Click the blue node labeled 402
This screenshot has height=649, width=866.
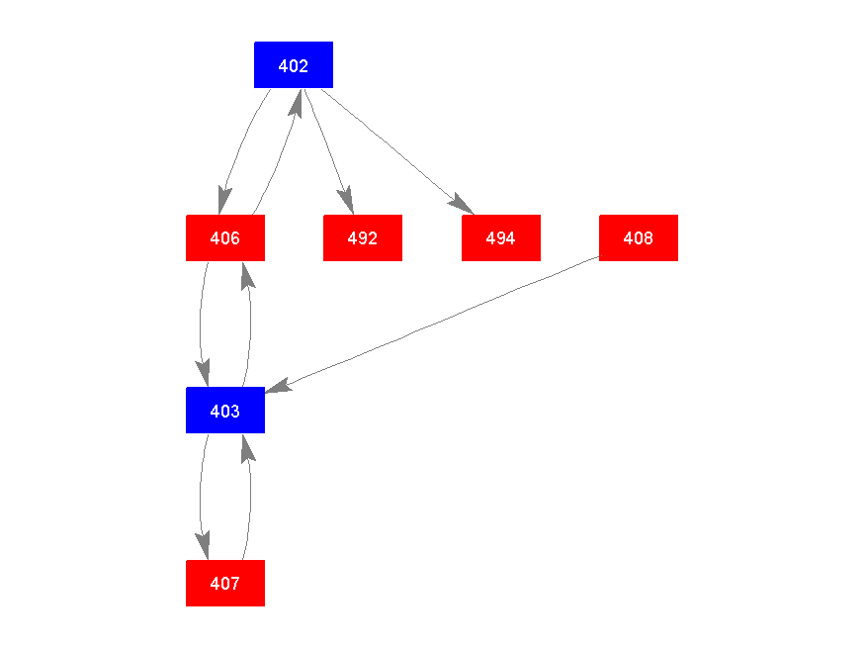[x=294, y=65]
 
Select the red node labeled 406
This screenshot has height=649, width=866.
[x=225, y=238]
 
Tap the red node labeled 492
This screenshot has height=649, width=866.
[x=363, y=238]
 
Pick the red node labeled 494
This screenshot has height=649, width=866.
[x=501, y=238]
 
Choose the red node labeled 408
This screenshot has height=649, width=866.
[x=639, y=238]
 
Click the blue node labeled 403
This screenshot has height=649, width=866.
[x=225, y=411]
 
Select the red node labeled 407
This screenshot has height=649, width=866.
[x=225, y=584]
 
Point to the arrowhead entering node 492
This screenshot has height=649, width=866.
[x=346, y=202]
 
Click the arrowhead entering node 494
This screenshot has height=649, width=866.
[x=462, y=203]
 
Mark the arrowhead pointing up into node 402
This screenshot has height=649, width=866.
[x=294, y=100]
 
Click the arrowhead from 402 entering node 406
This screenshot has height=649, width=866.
[x=224, y=202]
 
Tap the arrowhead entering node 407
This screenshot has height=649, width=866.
[x=204, y=547]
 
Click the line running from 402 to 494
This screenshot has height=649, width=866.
[x=395, y=149]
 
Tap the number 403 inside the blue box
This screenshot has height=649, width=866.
[x=225, y=411]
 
